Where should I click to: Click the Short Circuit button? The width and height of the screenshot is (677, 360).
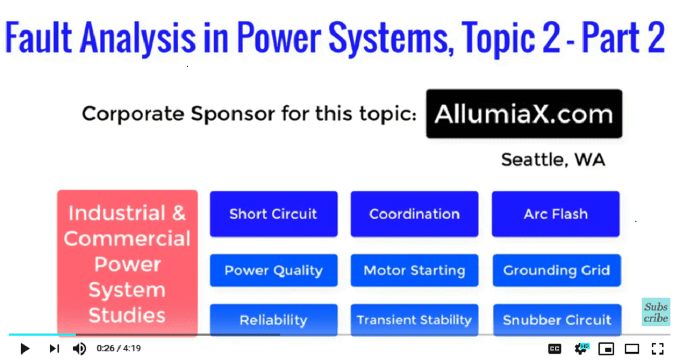pyautogui.click(x=274, y=214)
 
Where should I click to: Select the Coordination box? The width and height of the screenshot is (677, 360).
pyautogui.click(x=414, y=214)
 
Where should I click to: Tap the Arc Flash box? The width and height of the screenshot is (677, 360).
pyautogui.click(x=556, y=214)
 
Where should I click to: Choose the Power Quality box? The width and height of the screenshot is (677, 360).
pyautogui.click(x=274, y=270)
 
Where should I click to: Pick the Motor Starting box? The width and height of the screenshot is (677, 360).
pyautogui.click(x=414, y=270)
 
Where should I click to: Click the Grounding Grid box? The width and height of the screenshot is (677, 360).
pyautogui.click(x=556, y=270)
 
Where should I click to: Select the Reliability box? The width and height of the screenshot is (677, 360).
pyautogui.click(x=274, y=320)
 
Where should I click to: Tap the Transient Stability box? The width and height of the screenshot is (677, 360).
pyautogui.click(x=414, y=320)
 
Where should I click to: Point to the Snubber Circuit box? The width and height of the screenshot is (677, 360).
pyautogui.click(x=557, y=320)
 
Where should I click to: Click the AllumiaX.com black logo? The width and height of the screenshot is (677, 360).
pyautogui.click(x=524, y=114)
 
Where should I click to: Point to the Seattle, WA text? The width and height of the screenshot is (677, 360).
pyautogui.click(x=553, y=160)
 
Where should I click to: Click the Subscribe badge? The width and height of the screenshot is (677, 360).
pyautogui.click(x=656, y=312)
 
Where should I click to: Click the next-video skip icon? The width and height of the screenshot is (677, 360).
pyautogui.click(x=54, y=348)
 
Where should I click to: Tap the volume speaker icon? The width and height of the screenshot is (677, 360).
pyautogui.click(x=79, y=348)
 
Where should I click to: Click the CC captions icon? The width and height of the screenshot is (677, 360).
pyautogui.click(x=555, y=348)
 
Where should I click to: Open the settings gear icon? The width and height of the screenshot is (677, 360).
pyautogui.click(x=581, y=348)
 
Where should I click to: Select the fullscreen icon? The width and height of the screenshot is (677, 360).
pyautogui.click(x=657, y=348)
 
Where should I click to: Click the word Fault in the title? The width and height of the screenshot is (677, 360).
pyautogui.click(x=38, y=37)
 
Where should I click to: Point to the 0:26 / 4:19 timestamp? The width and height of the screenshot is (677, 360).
pyautogui.click(x=118, y=348)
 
